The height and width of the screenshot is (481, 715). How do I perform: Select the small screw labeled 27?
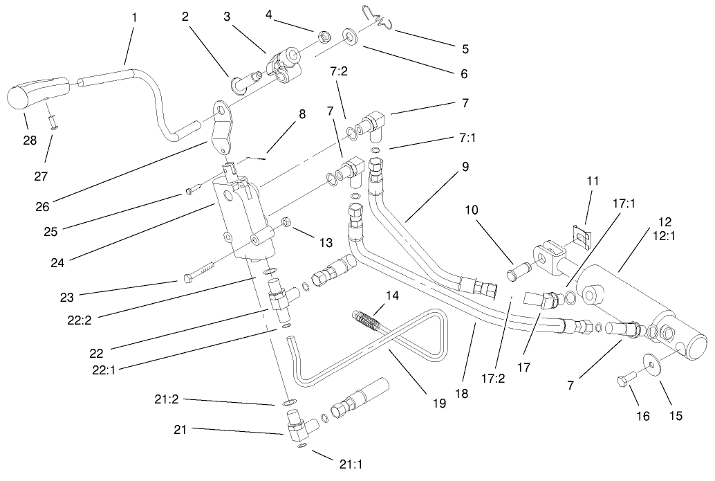(x=52, y=122)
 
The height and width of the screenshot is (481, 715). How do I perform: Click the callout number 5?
(x=465, y=49)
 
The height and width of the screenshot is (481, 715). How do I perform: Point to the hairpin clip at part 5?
(x=378, y=19)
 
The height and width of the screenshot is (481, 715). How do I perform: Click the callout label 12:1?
(x=665, y=236)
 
